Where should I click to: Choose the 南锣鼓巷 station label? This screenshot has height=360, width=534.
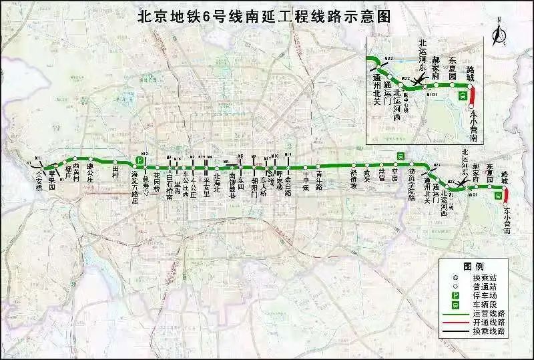pyautogui.click(x=232, y=184)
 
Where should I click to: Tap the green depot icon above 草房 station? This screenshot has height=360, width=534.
pyautogui.click(x=400, y=156)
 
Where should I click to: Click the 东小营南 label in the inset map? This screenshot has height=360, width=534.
pyautogui.click(x=473, y=128)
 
